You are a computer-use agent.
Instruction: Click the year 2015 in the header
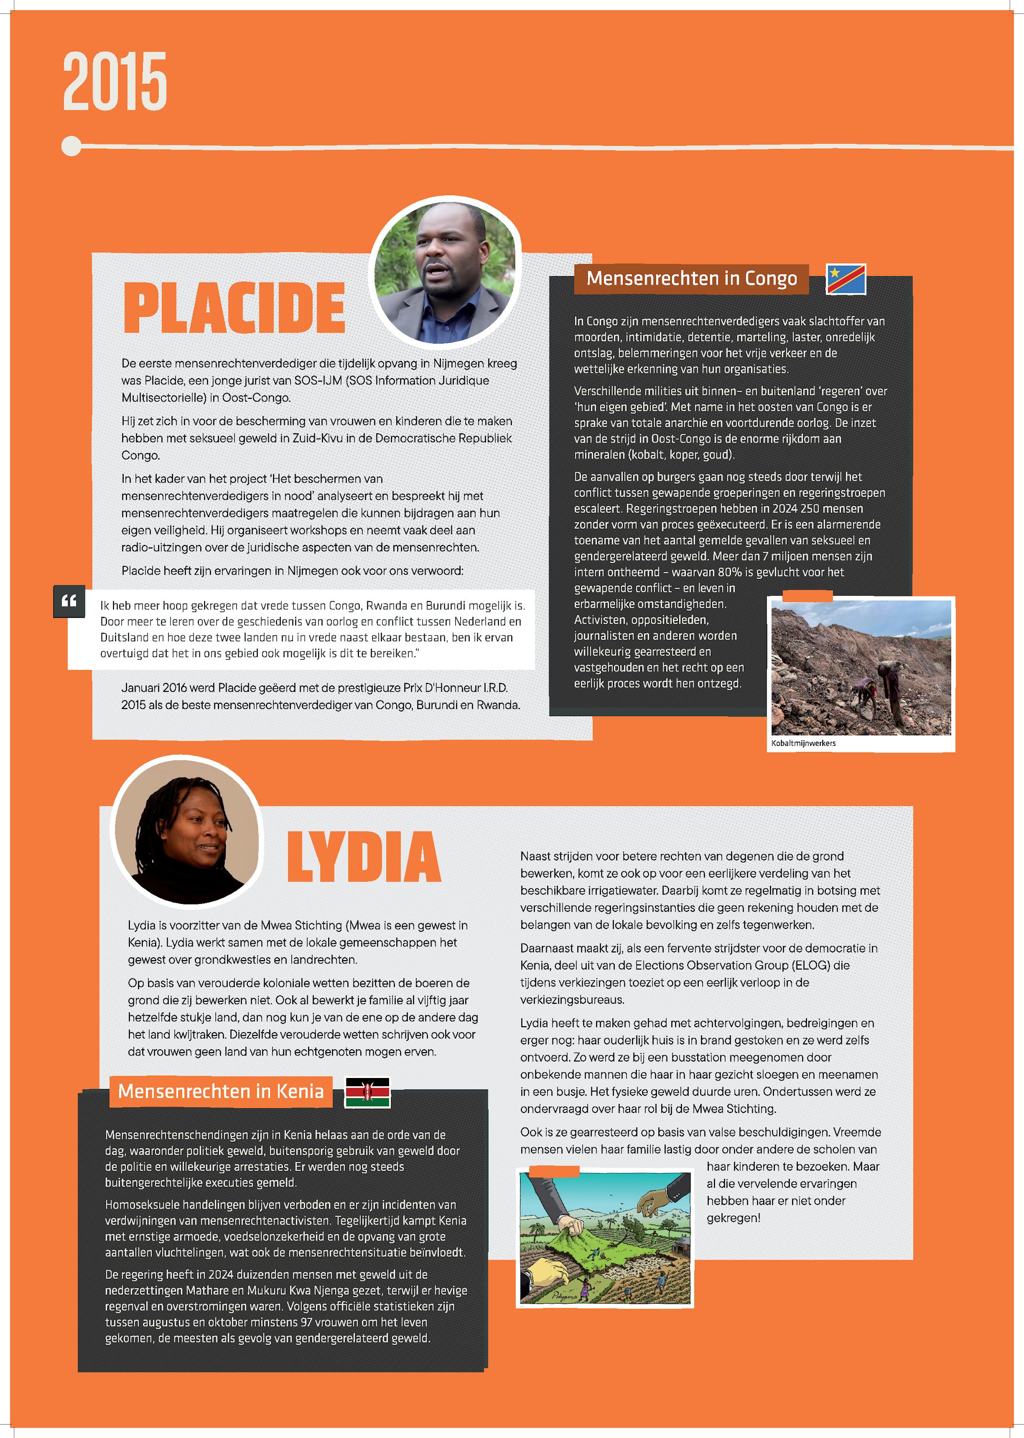pyautogui.click(x=115, y=82)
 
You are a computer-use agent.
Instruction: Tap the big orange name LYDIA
pyautogui.click(x=364, y=857)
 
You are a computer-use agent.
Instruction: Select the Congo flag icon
pyautogui.click(x=846, y=279)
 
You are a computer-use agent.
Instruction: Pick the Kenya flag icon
pyautogui.click(x=368, y=1092)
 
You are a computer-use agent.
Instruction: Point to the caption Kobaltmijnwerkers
pyautogui.click(x=803, y=743)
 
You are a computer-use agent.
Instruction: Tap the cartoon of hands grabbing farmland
pyautogui.click(x=605, y=1239)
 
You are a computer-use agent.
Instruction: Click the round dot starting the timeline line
pyautogui.click(x=72, y=146)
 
